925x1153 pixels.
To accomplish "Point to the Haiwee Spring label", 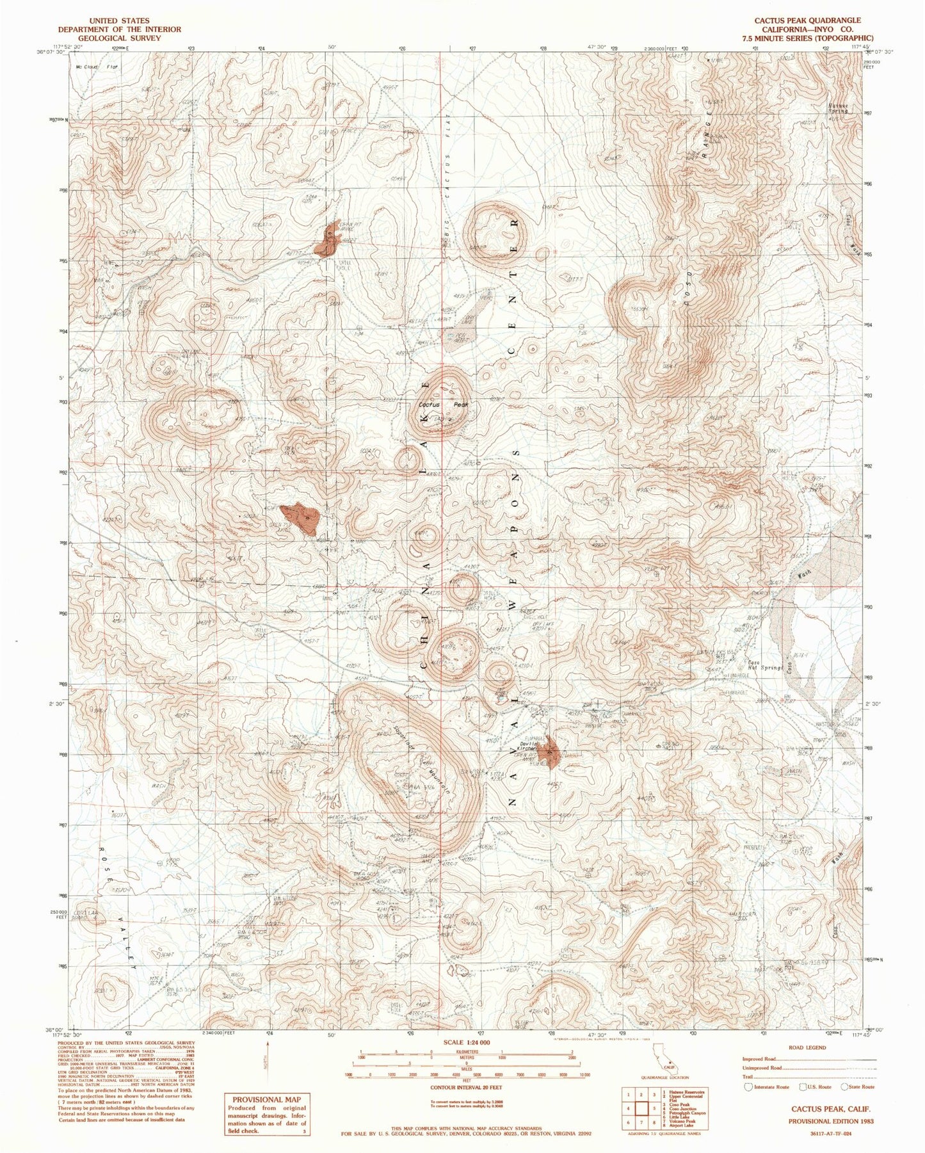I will click(x=837, y=109).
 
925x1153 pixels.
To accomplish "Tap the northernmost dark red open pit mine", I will click(x=327, y=240).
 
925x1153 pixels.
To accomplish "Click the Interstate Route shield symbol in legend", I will click(x=749, y=1087).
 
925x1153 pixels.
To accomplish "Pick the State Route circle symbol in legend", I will click(x=844, y=1087).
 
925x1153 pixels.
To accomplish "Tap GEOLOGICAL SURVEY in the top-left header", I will click(x=119, y=38).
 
